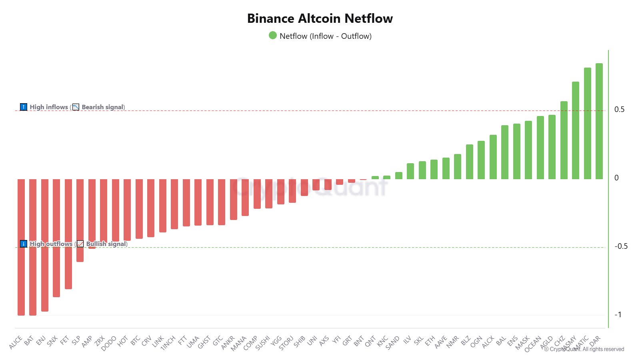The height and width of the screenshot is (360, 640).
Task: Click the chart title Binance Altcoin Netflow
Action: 320,18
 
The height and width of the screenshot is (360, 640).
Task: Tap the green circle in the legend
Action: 273,36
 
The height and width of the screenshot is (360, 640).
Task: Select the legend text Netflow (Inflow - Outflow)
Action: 326,36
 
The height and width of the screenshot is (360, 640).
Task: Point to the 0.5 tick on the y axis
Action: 619,110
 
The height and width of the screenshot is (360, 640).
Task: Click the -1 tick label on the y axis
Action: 618,314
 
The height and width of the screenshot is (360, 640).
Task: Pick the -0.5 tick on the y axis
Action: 621,246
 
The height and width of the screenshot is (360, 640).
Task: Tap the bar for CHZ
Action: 564,140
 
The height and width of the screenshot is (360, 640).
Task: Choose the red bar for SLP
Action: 80,220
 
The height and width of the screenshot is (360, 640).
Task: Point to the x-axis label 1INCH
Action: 168,343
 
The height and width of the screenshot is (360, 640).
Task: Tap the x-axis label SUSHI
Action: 263,343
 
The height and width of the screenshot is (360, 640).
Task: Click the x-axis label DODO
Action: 109,343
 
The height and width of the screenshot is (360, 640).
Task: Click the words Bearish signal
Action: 103,107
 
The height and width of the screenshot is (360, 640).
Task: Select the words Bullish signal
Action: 106,244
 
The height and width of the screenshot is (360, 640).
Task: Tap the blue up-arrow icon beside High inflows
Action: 24,107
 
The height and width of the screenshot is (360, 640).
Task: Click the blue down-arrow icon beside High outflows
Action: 24,244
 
